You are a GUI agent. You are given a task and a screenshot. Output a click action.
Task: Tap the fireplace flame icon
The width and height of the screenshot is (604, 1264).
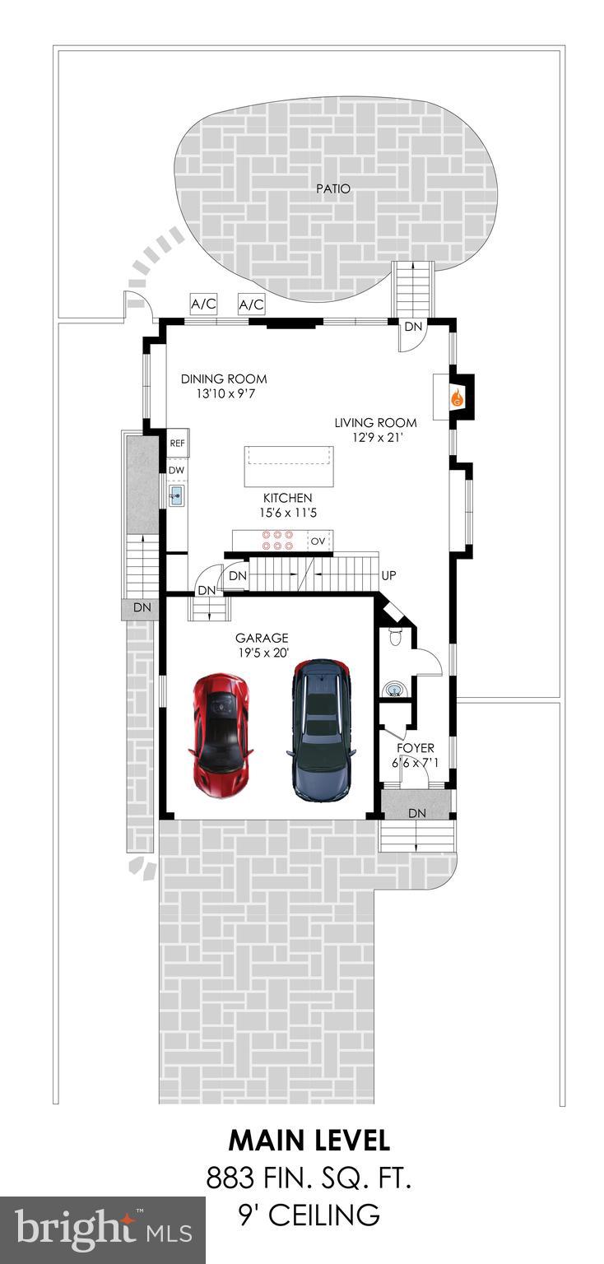[x=455, y=398]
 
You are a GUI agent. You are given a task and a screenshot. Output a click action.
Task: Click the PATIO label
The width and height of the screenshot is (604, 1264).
[x=333, y=188]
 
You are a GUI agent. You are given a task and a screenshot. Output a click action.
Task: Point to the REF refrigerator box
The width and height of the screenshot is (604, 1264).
[x=178, y=443]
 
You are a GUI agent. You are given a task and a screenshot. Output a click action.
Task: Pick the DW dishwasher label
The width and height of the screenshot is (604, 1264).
[x=177, y=470]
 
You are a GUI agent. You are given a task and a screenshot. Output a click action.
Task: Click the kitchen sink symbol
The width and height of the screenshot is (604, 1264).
[x=177, y=495]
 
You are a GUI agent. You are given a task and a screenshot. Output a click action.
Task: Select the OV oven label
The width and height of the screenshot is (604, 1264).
[x=318, y=541]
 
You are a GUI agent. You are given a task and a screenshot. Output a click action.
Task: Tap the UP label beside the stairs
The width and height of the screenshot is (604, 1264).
[x=390, y=576]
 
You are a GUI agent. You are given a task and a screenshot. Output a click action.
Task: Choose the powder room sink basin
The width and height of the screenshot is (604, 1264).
[x=394, y=687]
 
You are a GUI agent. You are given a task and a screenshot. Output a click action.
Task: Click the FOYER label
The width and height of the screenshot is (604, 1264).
[x=416, y=748]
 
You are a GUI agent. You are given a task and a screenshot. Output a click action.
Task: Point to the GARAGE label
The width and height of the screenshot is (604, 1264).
[x=262, y=637]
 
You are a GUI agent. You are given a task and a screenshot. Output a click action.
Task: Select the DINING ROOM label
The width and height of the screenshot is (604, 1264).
[x=224, y=379]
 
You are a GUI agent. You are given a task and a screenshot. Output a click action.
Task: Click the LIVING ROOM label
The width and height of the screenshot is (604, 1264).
[x=375, y=423]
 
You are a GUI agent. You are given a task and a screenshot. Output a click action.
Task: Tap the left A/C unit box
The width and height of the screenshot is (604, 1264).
[x=203, y=304]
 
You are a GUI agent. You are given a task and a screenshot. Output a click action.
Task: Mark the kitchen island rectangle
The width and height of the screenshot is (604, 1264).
[x=289, y=467]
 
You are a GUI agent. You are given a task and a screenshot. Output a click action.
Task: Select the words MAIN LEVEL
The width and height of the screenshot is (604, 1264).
[x=309, y=1141]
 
